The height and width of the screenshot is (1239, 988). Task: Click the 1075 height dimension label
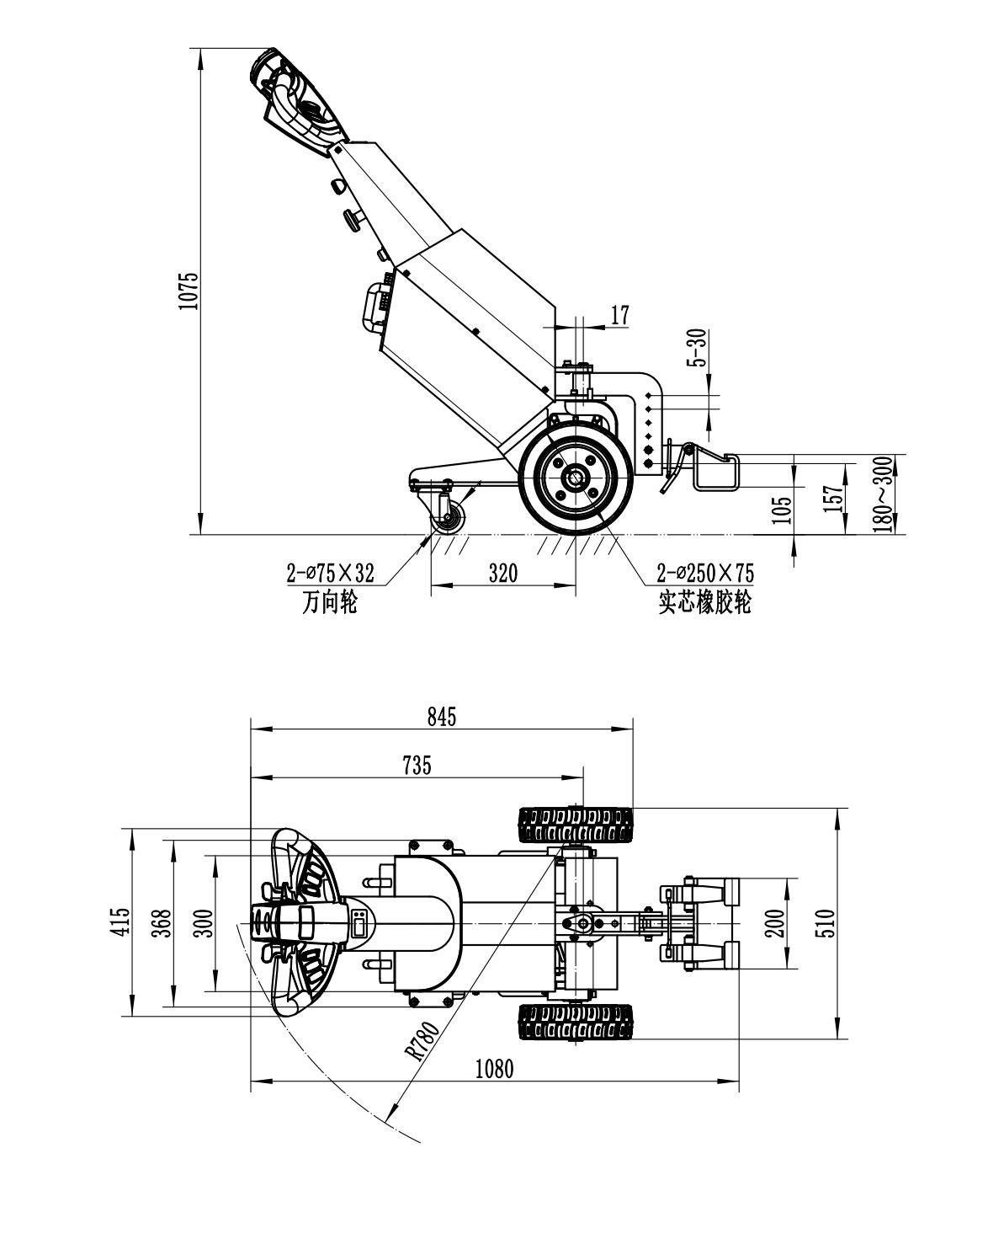click(189, 291)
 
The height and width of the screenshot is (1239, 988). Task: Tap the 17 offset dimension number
click(619, 316)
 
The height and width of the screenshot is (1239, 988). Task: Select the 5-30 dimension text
click(695, 348)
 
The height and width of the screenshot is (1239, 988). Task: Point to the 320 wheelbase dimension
click(503, 574)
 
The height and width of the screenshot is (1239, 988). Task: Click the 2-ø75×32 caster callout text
click(330, 574)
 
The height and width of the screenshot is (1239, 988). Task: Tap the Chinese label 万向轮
click(329, 603)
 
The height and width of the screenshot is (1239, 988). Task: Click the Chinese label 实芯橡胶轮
click(705, 603)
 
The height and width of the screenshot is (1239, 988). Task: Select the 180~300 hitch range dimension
click(881, 494)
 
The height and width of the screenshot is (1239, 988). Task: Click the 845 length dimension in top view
click(441, 717)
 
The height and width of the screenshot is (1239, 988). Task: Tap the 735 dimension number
click(417, 765)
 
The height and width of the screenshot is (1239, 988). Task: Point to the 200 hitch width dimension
click(777, 923)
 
